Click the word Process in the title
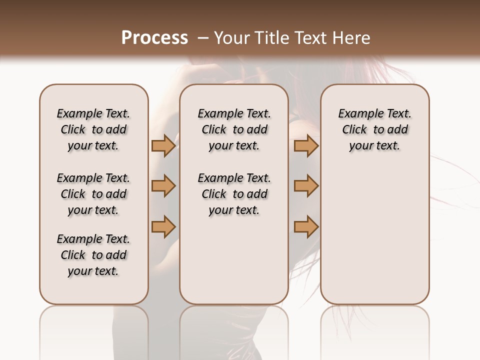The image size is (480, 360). click(154, 38)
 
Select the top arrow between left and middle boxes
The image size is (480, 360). click(163, 146)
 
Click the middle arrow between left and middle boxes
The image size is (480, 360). click(163, 186)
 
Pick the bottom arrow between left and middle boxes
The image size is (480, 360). click(163, 226)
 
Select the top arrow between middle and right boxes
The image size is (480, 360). click(306, 146)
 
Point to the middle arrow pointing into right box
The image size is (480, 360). click(306, 186)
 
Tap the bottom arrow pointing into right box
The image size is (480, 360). click(306, 226)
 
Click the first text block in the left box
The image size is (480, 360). click(93, 129)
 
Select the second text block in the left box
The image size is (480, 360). click(93, 194)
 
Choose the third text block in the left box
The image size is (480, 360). click(93, 255)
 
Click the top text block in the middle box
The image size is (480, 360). click(234, 129)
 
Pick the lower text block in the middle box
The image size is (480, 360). click(234, 194)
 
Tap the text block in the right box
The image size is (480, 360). click(374, 129)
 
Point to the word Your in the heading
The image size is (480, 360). click(232, 38)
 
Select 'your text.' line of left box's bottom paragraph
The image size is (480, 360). click(93, 271)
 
